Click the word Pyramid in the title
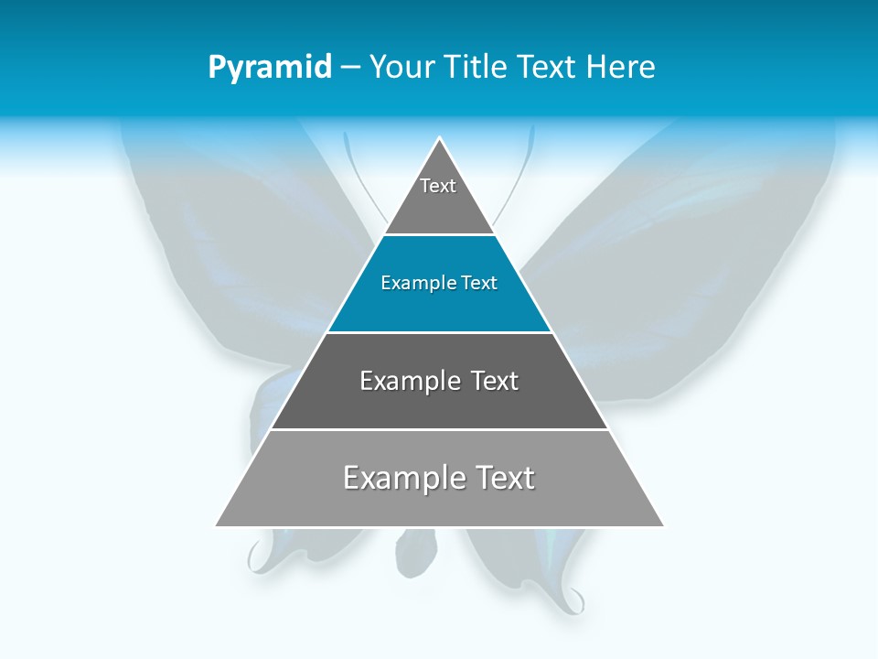(x=270, y=68)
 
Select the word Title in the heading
(x=479, y=68)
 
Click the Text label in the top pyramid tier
(x=438, y=186)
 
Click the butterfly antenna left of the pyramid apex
(x=357, y=174)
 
